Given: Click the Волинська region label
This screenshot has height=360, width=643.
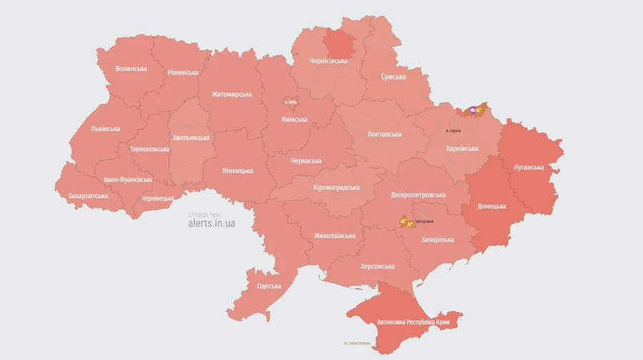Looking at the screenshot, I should pos(131,69).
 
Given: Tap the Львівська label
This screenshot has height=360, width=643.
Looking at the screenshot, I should pos(106,129).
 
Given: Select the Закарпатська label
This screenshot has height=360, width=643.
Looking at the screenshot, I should pos(88,195).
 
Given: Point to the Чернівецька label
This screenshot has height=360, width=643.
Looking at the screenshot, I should pos(157,198).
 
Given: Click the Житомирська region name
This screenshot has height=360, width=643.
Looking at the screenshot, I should pos(231,94).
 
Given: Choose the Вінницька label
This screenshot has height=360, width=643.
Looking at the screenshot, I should pos(238,171).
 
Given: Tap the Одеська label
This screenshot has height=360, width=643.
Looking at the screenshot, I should pos(269,286).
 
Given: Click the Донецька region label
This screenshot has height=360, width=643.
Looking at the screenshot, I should pos(492,206).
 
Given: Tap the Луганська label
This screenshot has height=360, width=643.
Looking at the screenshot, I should pos(529,167).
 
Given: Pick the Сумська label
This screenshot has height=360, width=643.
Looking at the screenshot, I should pos(394,76).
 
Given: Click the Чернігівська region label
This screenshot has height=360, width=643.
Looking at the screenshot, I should pos(329,61).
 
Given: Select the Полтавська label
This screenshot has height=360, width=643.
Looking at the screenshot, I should pos(384,134).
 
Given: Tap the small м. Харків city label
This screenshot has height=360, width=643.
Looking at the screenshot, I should pos(452,131).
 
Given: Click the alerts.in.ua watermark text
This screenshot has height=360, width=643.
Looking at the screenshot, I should pos(211,223).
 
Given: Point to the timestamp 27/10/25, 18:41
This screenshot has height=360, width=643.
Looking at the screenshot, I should pos(205,214).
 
